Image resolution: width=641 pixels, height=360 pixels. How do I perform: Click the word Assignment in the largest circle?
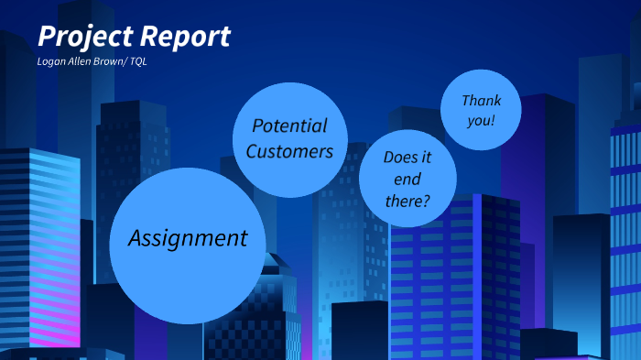point(188,239)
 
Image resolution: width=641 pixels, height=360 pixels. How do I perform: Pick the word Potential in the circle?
point(289,126)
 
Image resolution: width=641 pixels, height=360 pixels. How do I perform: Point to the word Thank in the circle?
point(482,100)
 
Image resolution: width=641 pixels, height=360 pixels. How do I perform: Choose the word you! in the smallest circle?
point(480,121)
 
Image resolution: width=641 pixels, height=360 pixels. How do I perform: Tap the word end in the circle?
point(407,180)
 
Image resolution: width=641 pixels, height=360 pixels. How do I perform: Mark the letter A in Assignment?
point(136,238)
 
